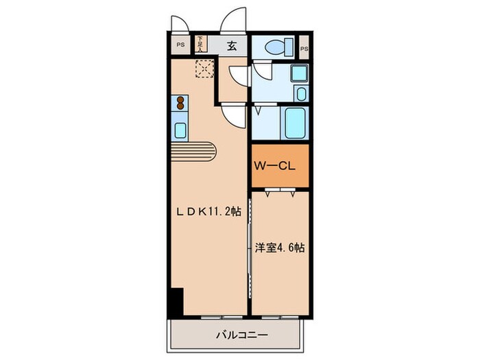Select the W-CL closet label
tap(275, 165)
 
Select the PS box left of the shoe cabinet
tap(180, 45)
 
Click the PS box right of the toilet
tap(304, 47)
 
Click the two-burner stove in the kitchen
tap(180, 104)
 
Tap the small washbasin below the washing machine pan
tap(300, 93)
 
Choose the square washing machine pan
tap(298, 73)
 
